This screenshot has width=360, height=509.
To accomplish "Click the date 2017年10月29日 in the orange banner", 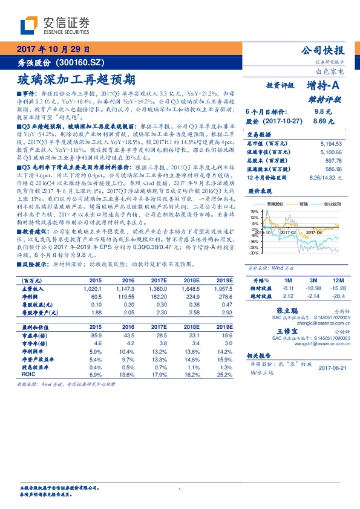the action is pyautogui.click(x=53, y=49).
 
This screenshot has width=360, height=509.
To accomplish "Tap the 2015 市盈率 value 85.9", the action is pyautogui.click(x=96, y=334).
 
